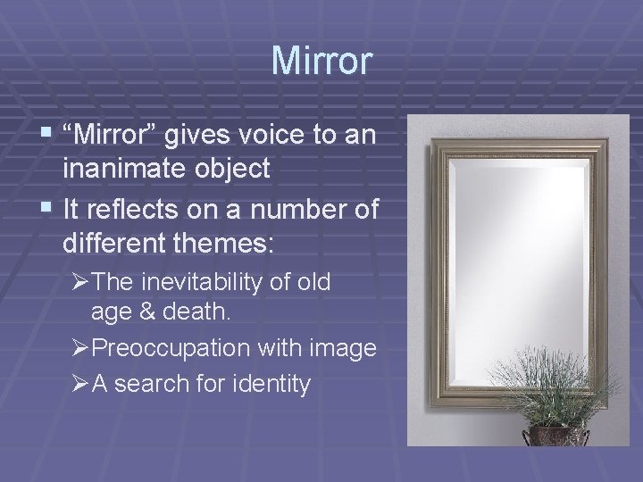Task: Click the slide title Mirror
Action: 321,60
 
